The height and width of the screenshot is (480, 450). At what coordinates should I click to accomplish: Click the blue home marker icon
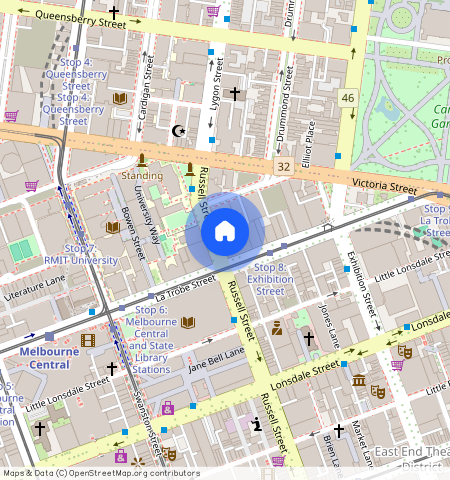coord(225,232)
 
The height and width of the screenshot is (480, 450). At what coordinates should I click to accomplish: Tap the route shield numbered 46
coord(347,97)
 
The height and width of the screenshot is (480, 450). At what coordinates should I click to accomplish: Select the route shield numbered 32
coord(284,166)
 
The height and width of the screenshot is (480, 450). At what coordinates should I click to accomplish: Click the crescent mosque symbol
coord(179,130)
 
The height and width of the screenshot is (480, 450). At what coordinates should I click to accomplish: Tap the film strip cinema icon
coord(88,341)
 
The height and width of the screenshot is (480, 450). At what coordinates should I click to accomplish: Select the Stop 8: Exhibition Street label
coord(270,279)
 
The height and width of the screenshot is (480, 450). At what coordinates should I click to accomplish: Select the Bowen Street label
coord(133,233)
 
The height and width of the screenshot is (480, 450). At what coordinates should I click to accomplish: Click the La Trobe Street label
coord(187,290)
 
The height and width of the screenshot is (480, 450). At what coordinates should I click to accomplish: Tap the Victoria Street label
coord(383,186)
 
